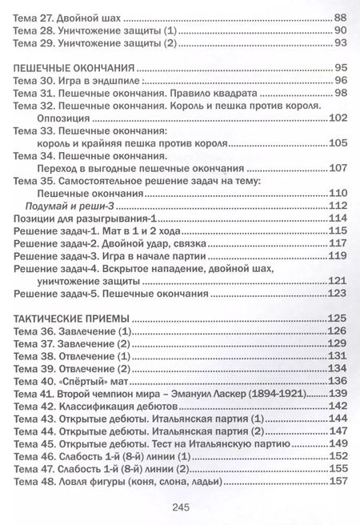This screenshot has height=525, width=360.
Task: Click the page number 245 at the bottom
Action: coord(180,506)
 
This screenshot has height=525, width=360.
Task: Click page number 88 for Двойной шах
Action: coord(338,16)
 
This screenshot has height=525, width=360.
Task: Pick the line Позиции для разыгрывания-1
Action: coord(81,218)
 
